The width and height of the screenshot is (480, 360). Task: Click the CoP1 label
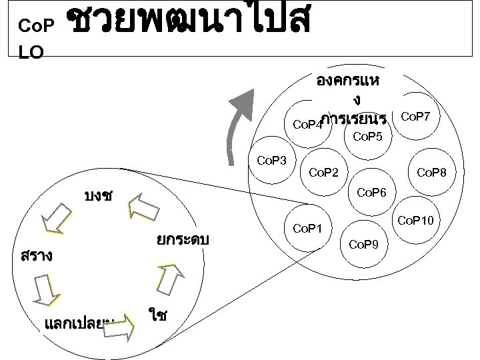coord(307,229)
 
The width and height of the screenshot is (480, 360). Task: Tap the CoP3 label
coord(271,160)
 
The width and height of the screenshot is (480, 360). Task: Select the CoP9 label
coord(363,245)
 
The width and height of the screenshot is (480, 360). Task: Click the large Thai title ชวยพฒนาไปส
coord(189,23)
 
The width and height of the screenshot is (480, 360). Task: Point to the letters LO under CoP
coord(31,53)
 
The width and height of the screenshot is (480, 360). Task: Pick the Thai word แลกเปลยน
coord(77,325)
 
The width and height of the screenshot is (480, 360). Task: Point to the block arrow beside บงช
coord(142,206)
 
